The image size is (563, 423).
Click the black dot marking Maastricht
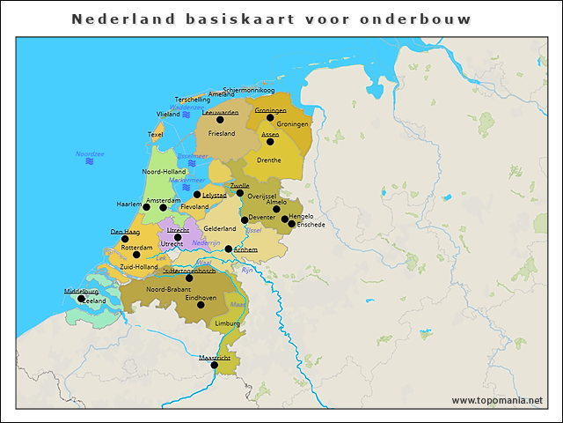[x=214, y=365]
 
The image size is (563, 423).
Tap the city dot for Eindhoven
[x=201, y=305]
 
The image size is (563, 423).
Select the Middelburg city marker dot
[x=82, y=298]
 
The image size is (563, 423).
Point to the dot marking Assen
[x=270, y=141]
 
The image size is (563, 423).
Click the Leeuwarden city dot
[x=220, y=120]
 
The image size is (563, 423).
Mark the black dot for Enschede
[x=291, y=224]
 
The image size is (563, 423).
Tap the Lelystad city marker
[x=197, y=195]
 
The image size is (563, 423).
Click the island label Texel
[x=156, y=135]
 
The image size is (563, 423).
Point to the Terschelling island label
[x=193, y=100]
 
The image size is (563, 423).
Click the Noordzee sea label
[x=90, y=154]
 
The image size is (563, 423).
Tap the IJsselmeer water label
[x=192, y=156]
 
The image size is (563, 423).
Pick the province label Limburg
[x=227, y=324]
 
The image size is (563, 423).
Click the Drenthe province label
[x=269, y=160]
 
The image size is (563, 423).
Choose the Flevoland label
[x=194, y=207]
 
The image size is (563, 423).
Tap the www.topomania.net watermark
[x=497, y=401]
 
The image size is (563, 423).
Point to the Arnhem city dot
[x=229, y=249]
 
